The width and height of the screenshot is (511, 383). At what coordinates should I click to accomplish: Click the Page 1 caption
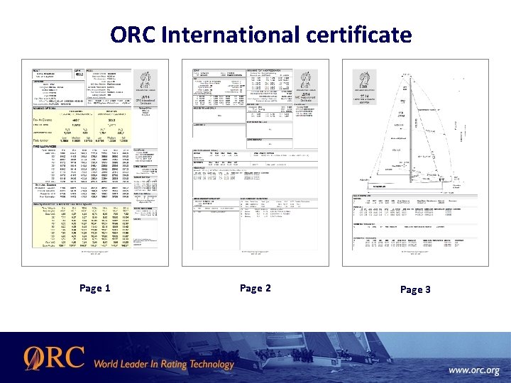point(94,289)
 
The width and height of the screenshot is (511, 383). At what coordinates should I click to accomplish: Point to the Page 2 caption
point(255,289)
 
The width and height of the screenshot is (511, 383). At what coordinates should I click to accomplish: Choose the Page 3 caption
point(415,289)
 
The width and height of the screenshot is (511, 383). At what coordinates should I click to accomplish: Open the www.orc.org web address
point(473,370)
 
